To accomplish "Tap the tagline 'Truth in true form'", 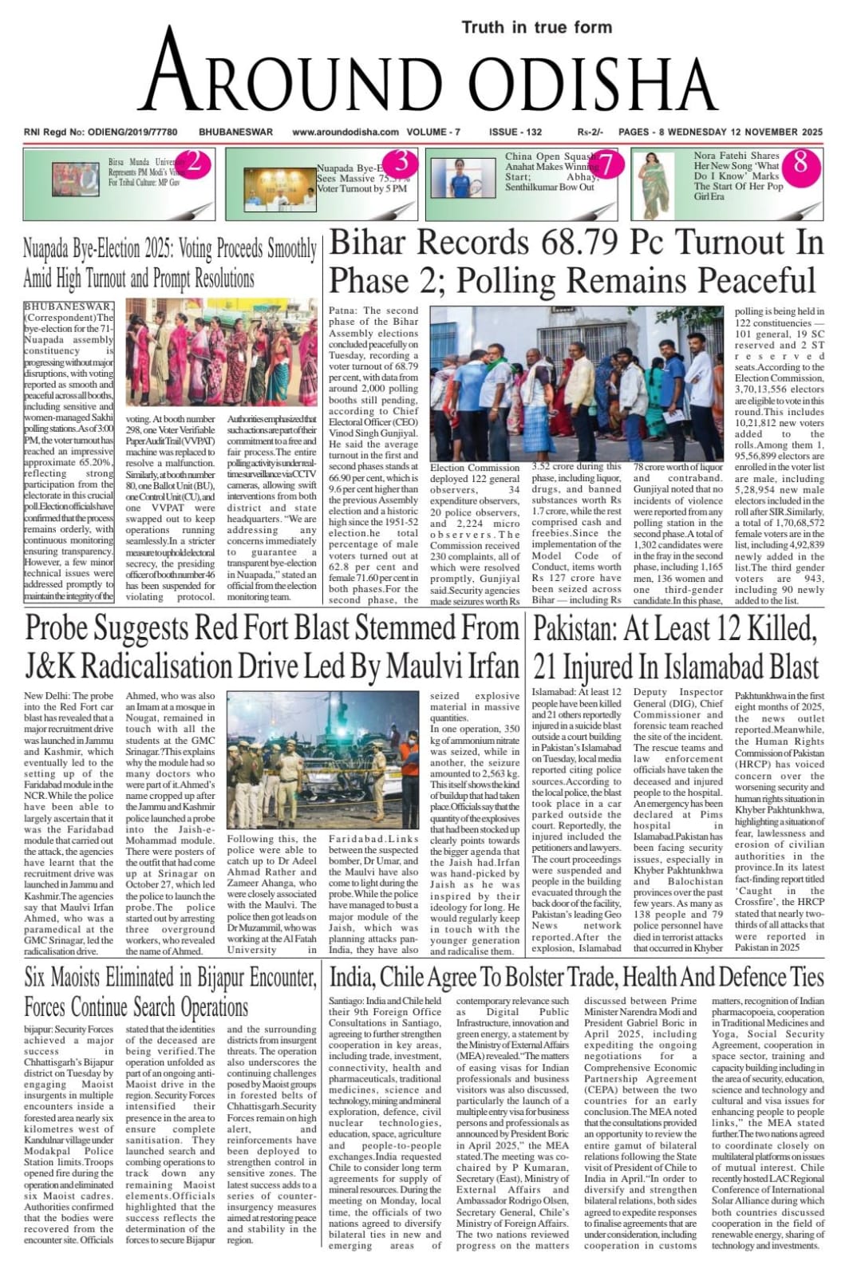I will tap(536, 27).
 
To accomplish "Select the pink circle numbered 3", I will tap(402, 163).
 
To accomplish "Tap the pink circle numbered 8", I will tap(800, 164).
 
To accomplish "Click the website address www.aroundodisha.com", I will tap(345, 132).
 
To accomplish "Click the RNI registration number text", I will tap(100, 132).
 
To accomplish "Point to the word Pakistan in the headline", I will tap(575, 630).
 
